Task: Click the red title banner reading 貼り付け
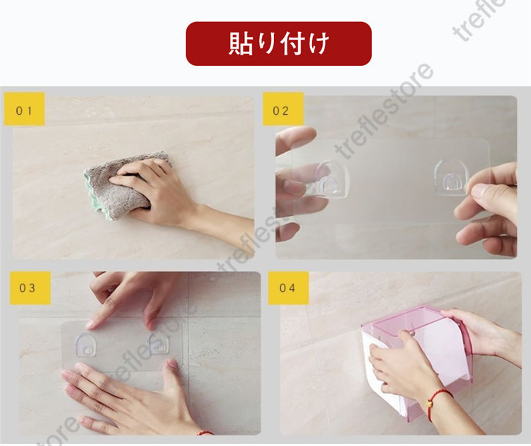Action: (x=279, y=44)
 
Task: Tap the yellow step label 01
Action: (x=24, y=109)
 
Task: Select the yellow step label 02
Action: (x=283, y=109)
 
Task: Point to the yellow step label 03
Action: (x=30, y=288)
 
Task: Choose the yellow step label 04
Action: (x=288, y=288)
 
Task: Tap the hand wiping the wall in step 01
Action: (x=169, y=196)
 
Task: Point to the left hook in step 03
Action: (x=85, y=345)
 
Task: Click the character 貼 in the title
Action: (x=241, y=43)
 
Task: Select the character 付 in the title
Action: (x=292, y=43)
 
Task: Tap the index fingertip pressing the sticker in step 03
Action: (x=91, y=325)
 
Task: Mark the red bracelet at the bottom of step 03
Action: (x=204, y=433)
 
